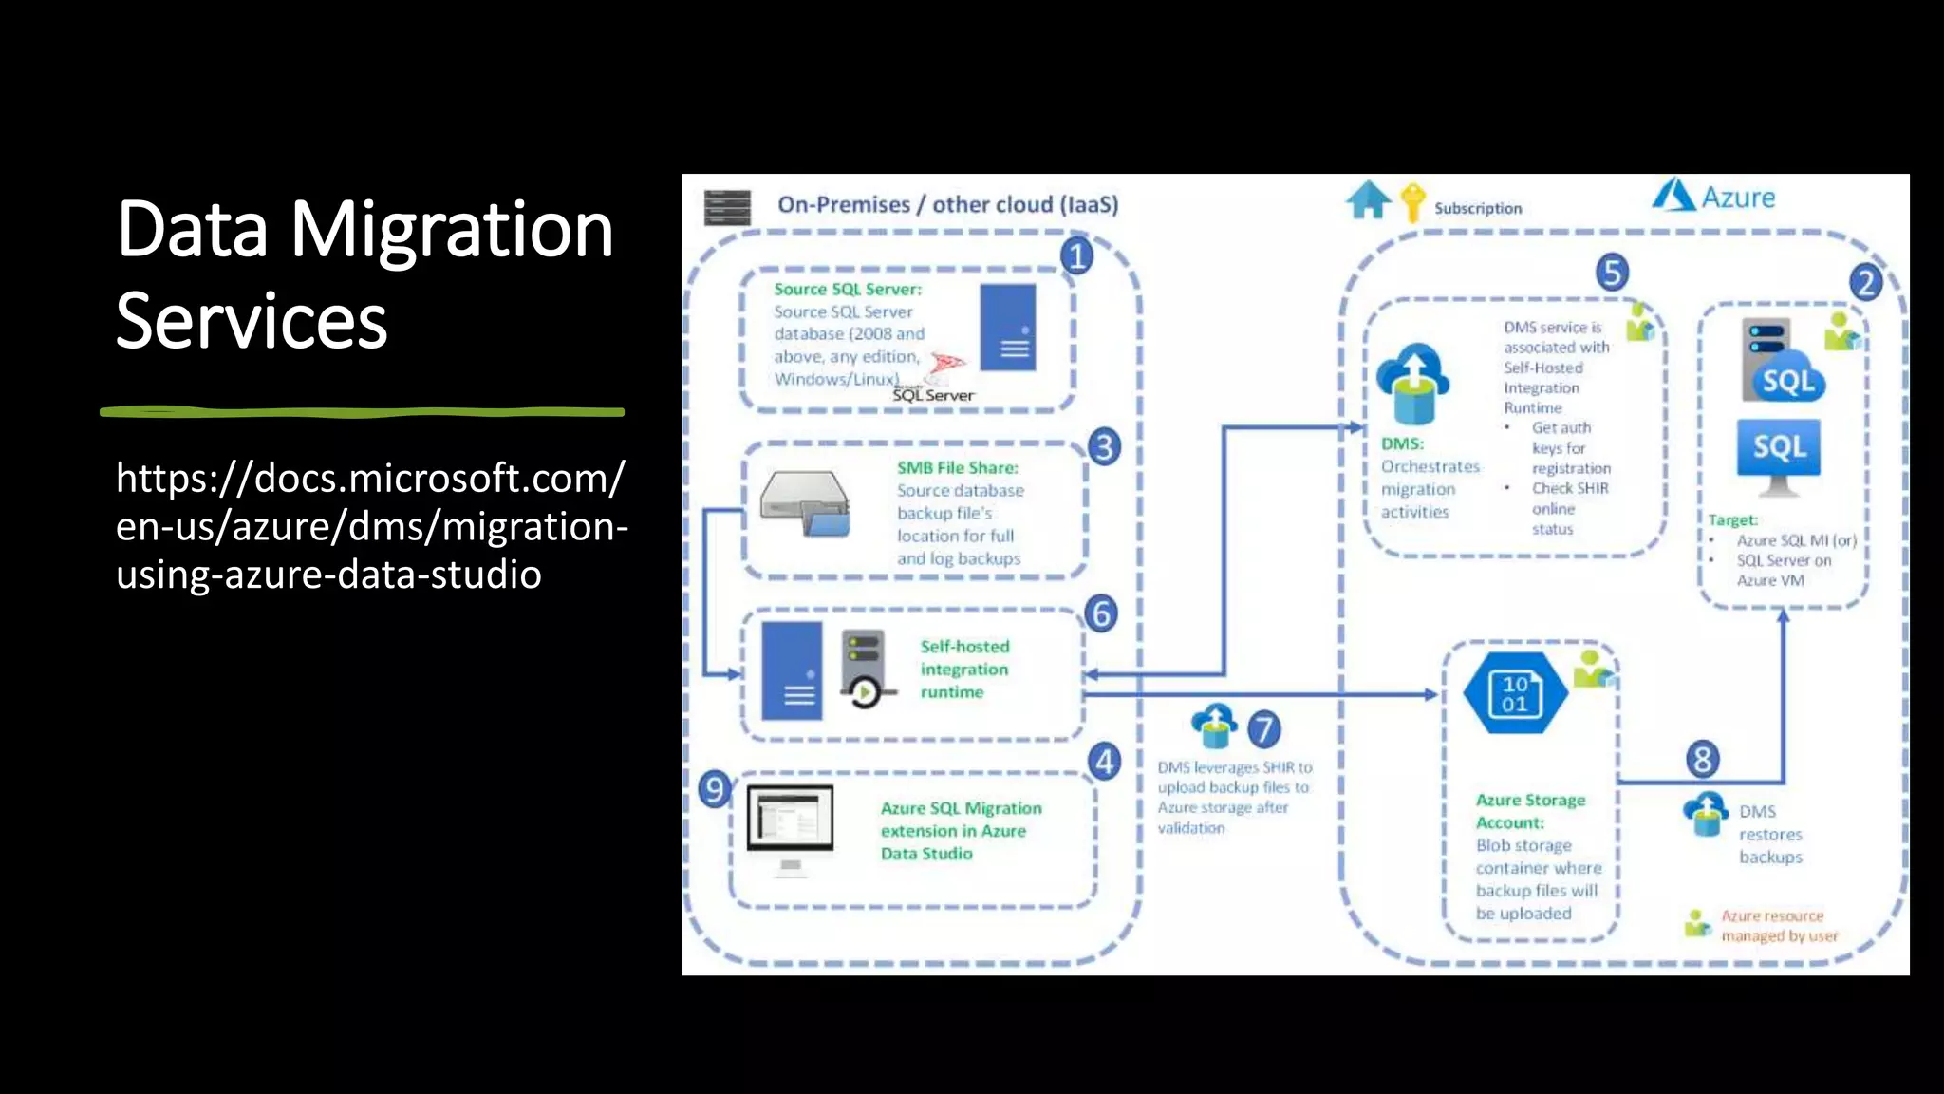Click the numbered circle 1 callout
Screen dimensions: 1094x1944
point(1076,256)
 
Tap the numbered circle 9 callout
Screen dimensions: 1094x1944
point(714,789)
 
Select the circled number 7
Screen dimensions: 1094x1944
point(1263,730)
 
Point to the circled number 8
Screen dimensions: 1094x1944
point(1702,759)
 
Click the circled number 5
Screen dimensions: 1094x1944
point(1612,273)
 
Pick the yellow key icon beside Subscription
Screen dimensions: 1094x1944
point(1412,202)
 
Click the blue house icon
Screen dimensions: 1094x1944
point(1368,200)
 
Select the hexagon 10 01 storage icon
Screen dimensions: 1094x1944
point(1515,694)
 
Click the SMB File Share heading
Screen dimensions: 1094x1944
point(957,467)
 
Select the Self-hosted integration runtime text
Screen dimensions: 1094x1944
point(963,670)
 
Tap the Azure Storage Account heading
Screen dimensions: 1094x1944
point(1529,811)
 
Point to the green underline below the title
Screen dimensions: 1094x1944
point(362,411)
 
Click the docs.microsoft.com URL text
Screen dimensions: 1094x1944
point(370,526)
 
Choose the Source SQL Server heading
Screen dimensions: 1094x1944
point(847,289)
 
